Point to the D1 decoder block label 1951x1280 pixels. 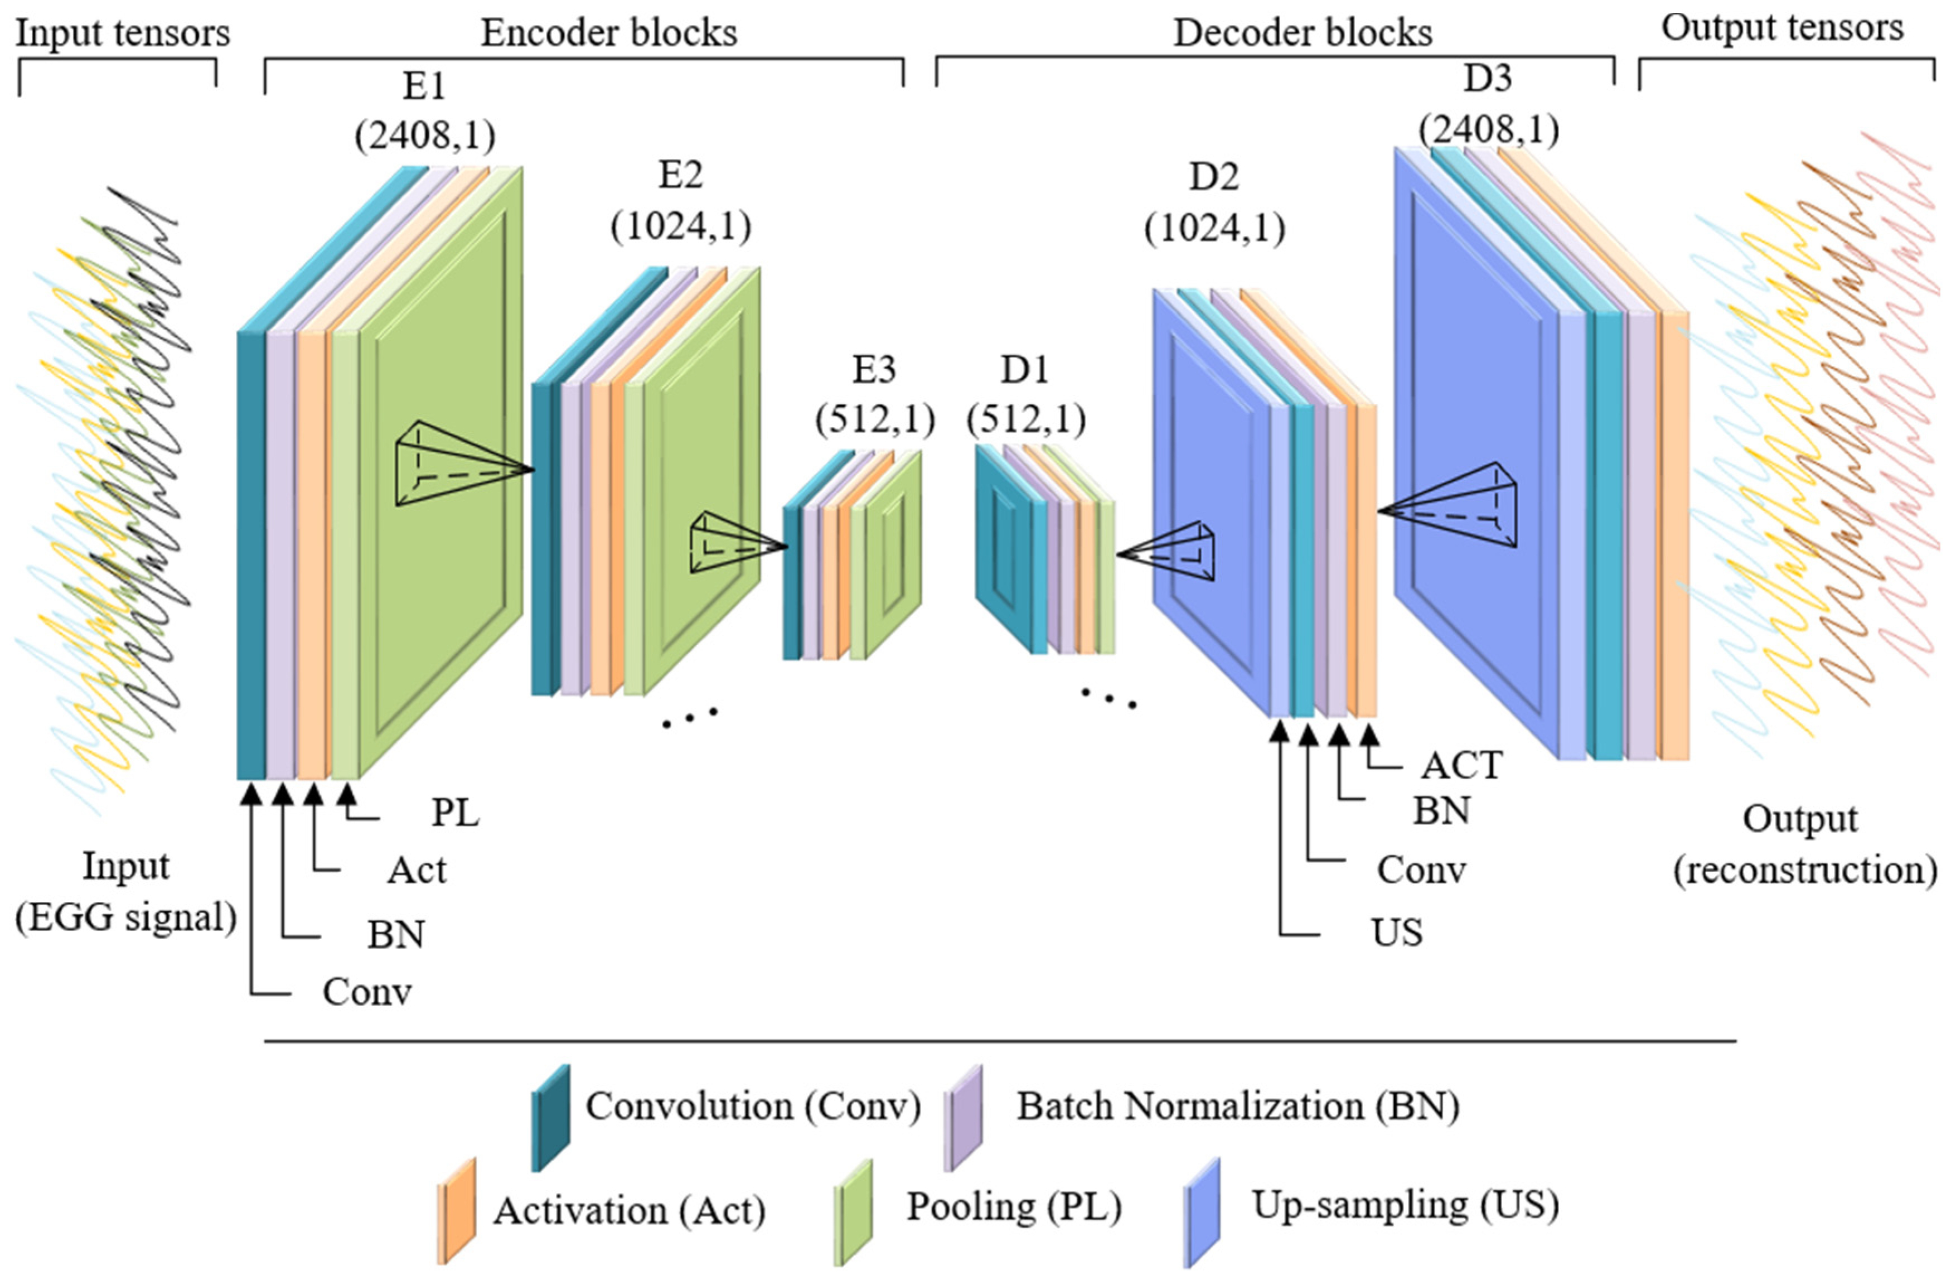1025,371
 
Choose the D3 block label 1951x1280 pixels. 1488,79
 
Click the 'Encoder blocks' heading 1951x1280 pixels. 608,33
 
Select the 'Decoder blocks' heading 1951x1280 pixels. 1303,33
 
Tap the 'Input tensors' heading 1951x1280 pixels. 123,33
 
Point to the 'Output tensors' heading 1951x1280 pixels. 1782,28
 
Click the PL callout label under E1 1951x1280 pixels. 455,814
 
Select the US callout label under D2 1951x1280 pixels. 1396,933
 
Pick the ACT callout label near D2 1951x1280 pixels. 1461,766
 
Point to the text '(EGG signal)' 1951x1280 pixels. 126,917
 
